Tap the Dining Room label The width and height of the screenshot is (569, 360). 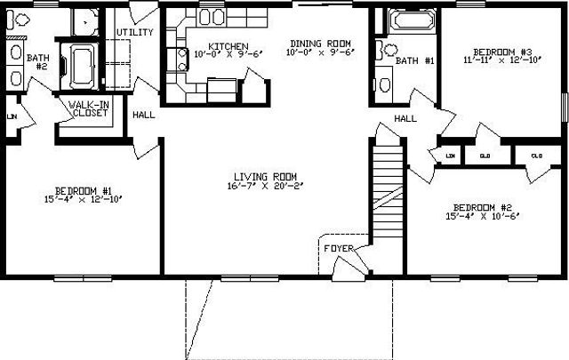320,44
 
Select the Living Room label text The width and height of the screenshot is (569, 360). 265,176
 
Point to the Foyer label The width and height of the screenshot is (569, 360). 337,248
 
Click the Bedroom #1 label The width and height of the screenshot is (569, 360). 83,190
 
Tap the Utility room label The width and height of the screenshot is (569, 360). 134,33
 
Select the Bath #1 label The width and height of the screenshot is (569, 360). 414,61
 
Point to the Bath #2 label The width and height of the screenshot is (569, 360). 36,62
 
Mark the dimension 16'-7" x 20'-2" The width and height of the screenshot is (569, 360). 265,187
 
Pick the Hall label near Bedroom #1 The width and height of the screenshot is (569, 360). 142,115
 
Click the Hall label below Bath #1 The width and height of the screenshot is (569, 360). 406,118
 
